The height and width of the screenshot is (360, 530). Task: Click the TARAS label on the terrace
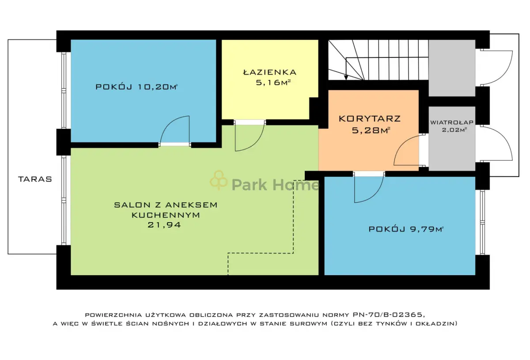click(35, 179)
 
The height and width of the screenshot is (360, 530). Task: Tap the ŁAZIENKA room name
click(270, 72)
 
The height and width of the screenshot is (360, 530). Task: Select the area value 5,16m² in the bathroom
click(273, 82)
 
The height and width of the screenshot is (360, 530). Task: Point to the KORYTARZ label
click(370, 118)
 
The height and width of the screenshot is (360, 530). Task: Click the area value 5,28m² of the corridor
click(371, 130)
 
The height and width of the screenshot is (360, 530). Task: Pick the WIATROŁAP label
click(452, 122)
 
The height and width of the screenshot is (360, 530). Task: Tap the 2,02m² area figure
click(454, 130)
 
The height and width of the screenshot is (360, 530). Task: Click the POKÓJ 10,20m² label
click(136, 87)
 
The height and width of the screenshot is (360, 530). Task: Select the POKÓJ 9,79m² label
click(406, 229)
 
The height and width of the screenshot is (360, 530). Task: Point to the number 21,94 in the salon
click(164, 225)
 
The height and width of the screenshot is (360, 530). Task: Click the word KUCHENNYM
click(166, 215)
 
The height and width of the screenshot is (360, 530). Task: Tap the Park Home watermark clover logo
click(219, 180)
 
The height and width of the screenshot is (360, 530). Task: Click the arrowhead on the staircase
click(346, 77)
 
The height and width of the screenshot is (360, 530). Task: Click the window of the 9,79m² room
click(482, 223)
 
